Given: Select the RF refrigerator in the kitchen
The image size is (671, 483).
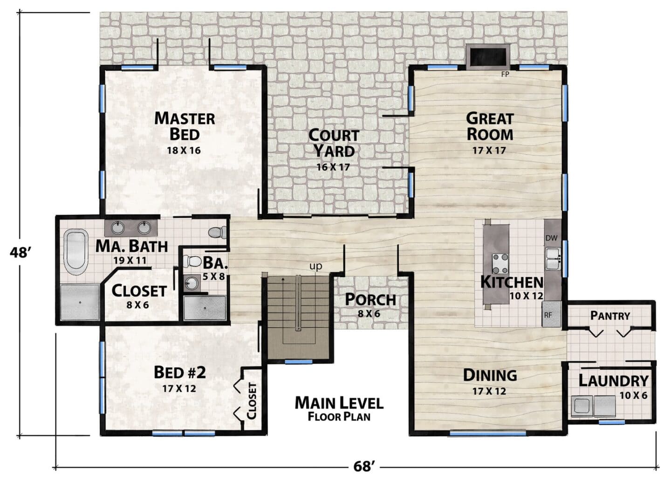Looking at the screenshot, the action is [x=552, y=314].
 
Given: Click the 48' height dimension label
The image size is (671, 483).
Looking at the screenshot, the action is [x=20, y=253].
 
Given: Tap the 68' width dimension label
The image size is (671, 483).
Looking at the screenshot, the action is [x=364, y=467].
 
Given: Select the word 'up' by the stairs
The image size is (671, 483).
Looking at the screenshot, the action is [x=316, y=266].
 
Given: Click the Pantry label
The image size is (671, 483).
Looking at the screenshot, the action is [x=610, y=316].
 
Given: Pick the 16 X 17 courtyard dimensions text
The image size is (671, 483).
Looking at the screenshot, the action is [x=334, y=167].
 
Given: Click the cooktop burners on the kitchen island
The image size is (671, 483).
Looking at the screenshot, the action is [x=500, y=264].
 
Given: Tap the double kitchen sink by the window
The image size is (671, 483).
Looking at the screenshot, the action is [x=553, y=259].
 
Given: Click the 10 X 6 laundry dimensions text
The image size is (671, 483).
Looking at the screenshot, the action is [x=634, y=395].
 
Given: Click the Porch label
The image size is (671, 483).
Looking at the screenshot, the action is [x=370, y=300].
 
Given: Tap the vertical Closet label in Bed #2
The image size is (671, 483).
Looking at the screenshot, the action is [x=252, y=400].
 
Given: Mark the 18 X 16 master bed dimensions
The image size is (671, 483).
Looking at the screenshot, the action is [x=184, y=150].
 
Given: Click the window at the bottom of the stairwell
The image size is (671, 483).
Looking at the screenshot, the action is [x=294, y=362].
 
